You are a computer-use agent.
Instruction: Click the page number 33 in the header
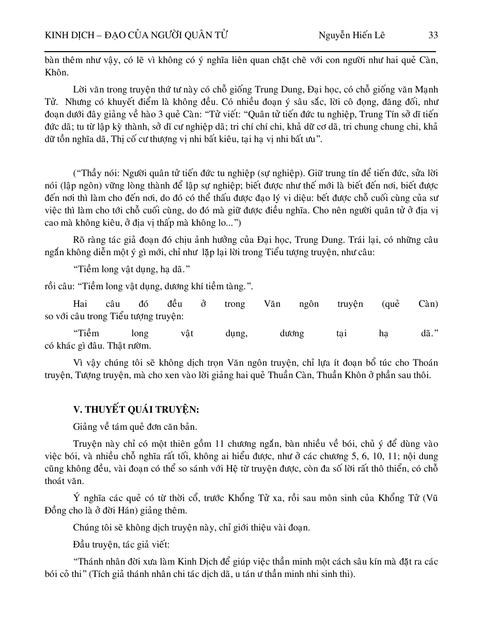(433, 35)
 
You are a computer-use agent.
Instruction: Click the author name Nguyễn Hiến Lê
(351, 35)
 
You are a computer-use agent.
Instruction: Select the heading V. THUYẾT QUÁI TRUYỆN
(136, 410)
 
